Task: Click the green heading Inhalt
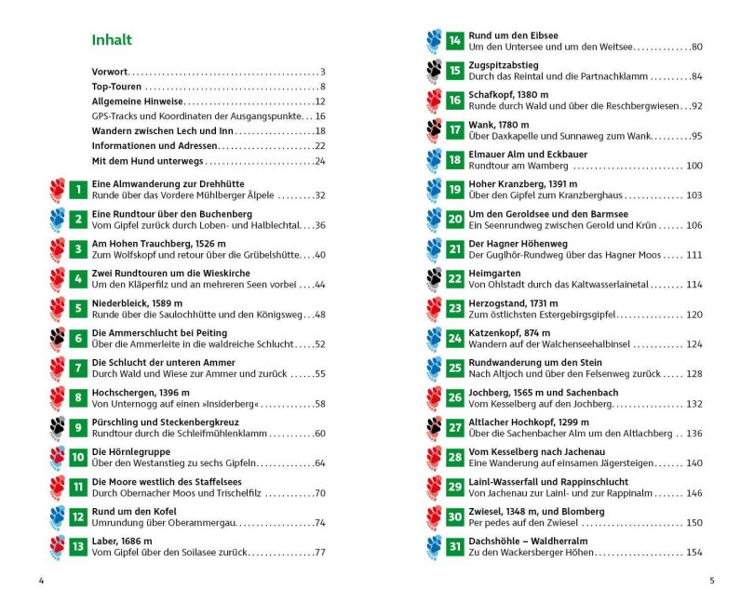pyautogui.click(x=112, y=40)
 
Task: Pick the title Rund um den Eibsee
pyautogui.click(x=509, y=35)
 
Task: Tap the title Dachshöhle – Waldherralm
pyautogui.click(x=524, y=542)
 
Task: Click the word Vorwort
pyautogui.click(x=110, y=72)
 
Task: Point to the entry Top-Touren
pyautogui.click(x=115, y=87)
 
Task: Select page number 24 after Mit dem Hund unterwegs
pyautogui.click(x=319, y=161)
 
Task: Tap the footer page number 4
pyautogui.click(x=41, y=582)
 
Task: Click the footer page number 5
pyautogui.click(x=712, y=582)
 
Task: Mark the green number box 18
pyautogui.click(x=455, y=159)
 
